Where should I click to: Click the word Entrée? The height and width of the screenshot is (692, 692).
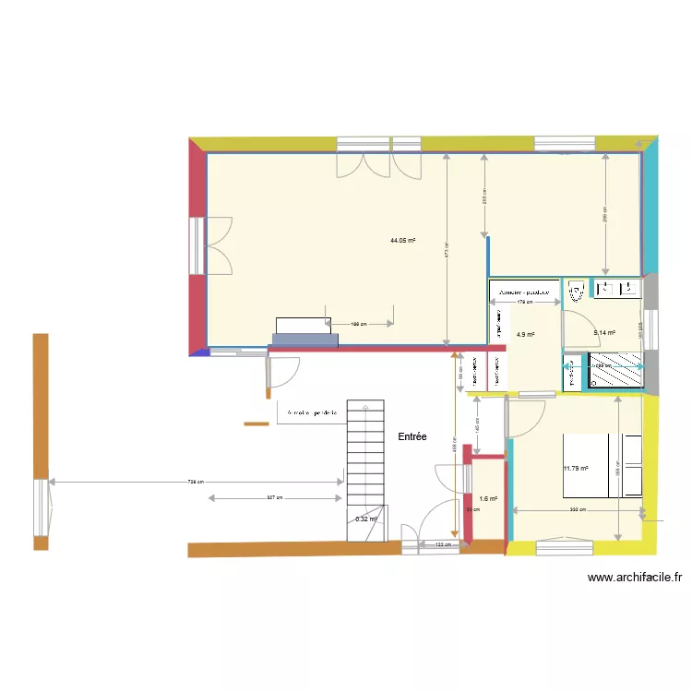412,436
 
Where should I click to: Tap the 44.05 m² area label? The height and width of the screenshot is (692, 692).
402,241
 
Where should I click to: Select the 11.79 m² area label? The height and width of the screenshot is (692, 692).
576,469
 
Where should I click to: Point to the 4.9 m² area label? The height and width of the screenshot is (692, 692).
526,335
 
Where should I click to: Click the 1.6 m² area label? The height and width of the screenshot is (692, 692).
488,499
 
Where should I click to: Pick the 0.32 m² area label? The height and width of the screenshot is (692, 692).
366,519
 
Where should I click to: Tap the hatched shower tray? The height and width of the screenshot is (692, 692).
614,372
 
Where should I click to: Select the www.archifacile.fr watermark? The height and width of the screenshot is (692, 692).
635,579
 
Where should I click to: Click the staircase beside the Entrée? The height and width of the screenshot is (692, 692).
365,452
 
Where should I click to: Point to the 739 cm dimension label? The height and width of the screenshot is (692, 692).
196,482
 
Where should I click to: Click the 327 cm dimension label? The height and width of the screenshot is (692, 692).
274,498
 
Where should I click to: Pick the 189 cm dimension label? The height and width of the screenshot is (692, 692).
360,324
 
